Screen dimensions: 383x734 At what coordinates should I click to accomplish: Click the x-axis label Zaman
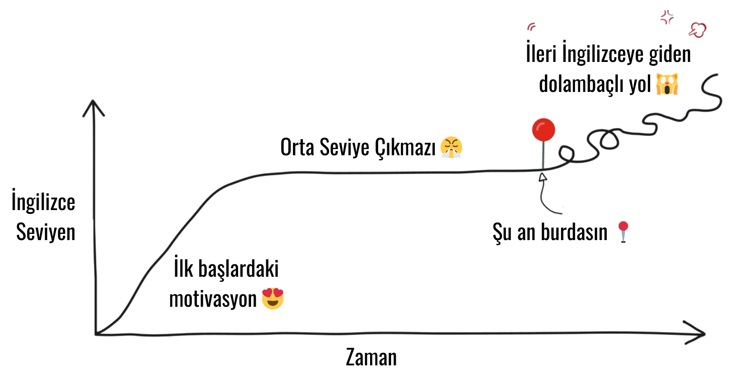pyautogui.click(x=371, y=357)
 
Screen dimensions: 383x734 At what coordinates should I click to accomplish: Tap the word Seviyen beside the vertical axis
pyautogui.click(x=47, y=232)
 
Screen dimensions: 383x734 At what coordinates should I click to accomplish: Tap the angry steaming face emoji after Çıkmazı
pyautogui.click(x=451, y=147)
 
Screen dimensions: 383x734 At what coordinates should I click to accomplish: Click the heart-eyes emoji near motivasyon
pyautogui.click(x=272, y=298)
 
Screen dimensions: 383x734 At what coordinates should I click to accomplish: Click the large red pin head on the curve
pyautogui.click(x=543, y=129)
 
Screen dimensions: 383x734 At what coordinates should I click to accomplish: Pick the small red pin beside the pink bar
pyautogui.click(x=623, y=231)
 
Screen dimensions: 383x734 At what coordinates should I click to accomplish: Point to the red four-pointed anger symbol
pyautogui.click(x=667, y=17)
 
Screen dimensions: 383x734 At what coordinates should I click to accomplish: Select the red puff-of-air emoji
pyautogui.click(x=697, y=30)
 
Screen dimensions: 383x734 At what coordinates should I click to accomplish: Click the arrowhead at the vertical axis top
pyautogui.click(x=94, y=105)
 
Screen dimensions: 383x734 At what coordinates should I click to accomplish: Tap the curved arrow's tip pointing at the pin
pyautogui.click(x=542, y=177)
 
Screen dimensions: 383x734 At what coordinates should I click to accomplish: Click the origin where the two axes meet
pyautogui.click(x=97, y=333)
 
